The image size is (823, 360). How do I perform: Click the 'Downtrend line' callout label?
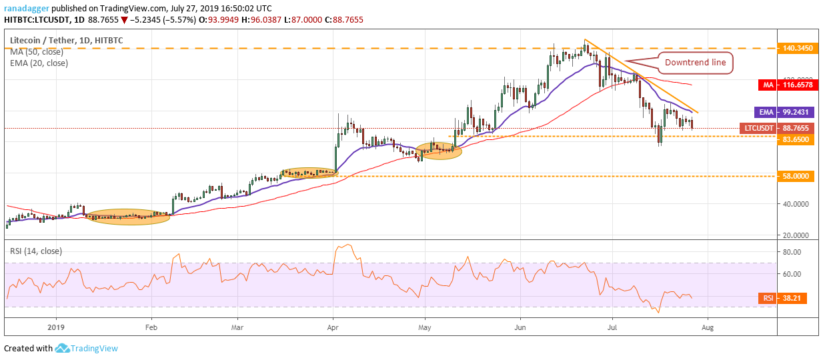pos(695,63)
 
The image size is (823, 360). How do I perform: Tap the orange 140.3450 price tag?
pos(798,48)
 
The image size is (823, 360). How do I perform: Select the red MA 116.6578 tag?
pos(788,85)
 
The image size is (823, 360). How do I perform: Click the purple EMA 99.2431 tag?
pos(786,112)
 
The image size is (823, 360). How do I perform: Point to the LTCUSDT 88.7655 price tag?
pos(779,128)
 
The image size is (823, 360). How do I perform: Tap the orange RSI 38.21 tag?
pos(782,298)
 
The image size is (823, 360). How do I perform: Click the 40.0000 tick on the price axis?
pos(796,204)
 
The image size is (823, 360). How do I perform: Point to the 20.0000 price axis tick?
pos(796,235)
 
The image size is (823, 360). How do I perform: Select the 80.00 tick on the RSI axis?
pos(792,252)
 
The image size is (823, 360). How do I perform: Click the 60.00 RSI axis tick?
pos(792,274)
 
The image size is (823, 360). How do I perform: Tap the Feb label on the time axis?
pos(151,327)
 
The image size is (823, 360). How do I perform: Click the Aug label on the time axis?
pos(707,327)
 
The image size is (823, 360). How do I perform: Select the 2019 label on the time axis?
pos(56,327)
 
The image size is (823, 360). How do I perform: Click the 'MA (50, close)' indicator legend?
pos(37,52)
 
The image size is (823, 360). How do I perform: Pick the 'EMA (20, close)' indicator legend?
pos(39,63)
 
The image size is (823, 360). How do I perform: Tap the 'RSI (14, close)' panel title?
pos(36,251)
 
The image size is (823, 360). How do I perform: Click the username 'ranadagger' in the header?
pos(27,9)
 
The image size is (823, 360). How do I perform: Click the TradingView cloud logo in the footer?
pos(62,348)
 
